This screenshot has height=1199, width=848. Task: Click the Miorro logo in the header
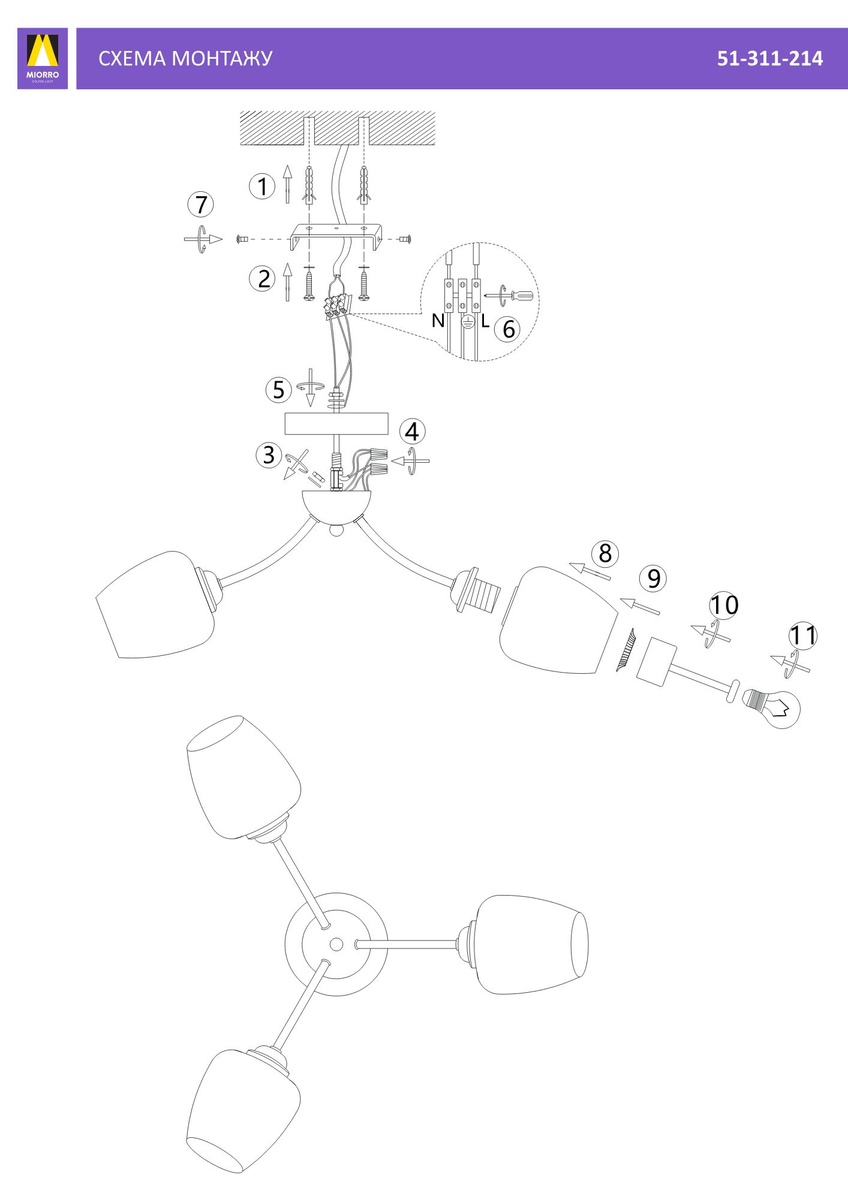[43, 58]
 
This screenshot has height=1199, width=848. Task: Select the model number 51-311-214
[770, 58]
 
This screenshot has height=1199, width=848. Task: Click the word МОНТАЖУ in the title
[222, 58]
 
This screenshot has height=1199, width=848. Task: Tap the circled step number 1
[262, 186]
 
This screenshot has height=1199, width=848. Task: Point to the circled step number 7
[201, 204]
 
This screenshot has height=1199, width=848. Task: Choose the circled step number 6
[508, 329]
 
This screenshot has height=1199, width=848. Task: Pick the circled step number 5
[278, 390]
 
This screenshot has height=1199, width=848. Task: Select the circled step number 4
[413, 432]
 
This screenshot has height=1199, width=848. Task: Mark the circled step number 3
[269, 454]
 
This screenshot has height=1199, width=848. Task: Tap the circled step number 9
[653, 579]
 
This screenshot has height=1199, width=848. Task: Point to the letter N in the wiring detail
[438, 321]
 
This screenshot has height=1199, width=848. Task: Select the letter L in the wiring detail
[485, 321]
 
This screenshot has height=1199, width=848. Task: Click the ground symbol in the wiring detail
[468, 323]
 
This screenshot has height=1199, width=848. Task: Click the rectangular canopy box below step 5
[336, 424]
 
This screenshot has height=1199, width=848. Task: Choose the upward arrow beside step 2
[287, 282]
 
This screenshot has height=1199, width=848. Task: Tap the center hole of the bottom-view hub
[336, 944]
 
